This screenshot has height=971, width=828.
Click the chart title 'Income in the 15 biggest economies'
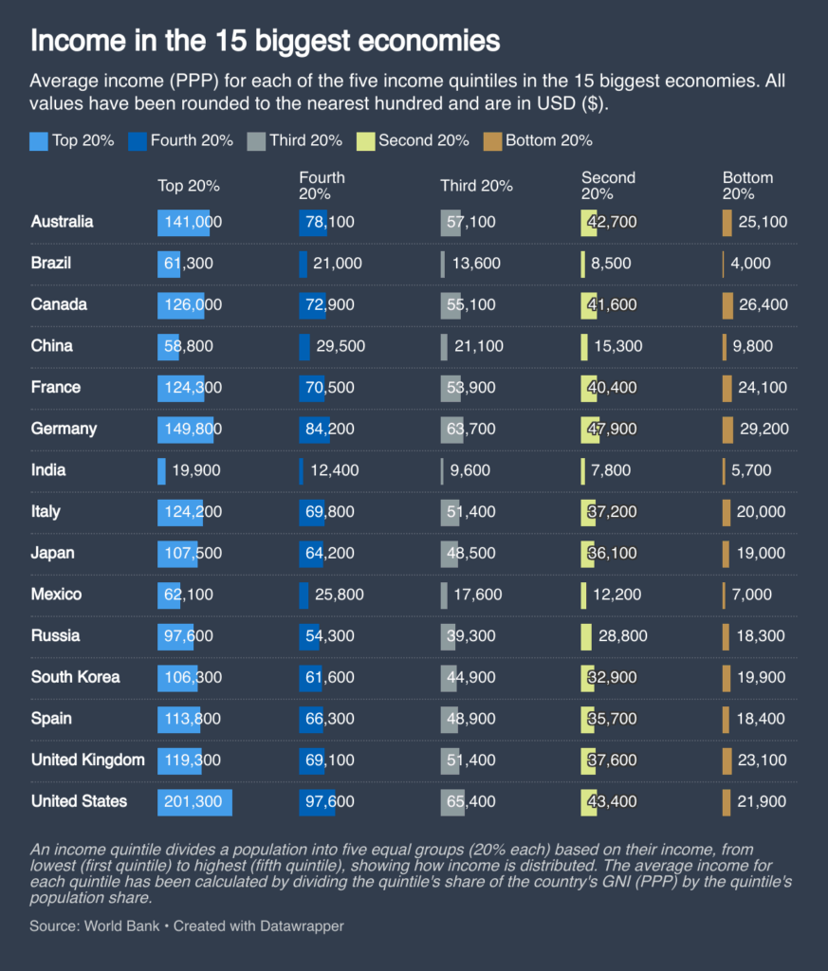click(x=265, y=41)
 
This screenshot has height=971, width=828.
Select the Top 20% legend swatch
click(x=39, y=141)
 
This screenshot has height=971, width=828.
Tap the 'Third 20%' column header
click(x=476, y=186)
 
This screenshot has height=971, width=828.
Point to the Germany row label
click(x=64, y=429)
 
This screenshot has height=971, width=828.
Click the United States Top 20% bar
click(x=194, y=802)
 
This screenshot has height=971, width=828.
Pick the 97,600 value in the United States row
click(x=328, y=802)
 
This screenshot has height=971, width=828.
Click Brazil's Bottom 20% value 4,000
click(x=751, y=264)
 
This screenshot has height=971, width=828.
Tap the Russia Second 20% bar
click(x=586, y=636)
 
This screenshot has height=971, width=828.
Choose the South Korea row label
click(x=75, y=677)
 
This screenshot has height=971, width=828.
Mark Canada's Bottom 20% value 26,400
click(x=763, y=304)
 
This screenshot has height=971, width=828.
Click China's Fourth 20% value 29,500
click(x=339, y=346)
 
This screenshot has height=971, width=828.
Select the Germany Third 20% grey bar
click(x=452, y=429)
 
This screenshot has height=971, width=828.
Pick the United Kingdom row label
click(x=87, y=760)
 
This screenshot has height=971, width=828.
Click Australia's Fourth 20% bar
click(x=313, y=222)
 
